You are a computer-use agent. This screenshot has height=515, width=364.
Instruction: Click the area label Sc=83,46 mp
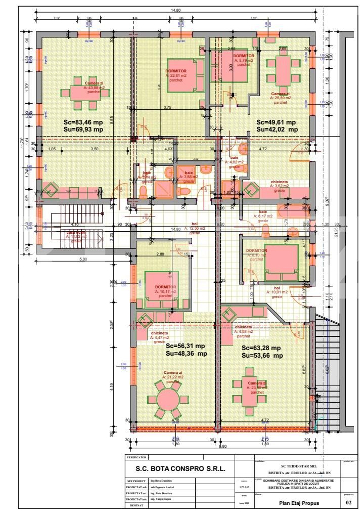83,122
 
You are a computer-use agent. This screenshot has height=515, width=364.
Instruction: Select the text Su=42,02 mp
277,130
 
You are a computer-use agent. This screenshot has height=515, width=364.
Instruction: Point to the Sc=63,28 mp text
261,348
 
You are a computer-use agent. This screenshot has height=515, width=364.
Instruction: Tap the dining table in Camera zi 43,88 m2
78,93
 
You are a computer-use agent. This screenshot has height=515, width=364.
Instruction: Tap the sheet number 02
347,503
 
